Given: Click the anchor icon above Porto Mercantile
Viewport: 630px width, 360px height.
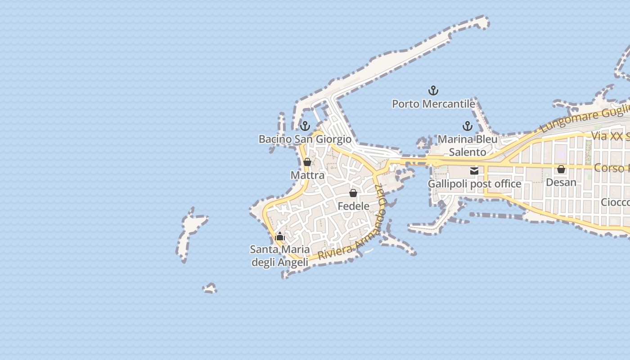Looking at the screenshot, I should (433, 91).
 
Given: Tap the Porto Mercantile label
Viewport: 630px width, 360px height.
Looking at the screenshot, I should (433, 104).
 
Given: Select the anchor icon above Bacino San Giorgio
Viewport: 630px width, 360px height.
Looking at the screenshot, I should (305, 126).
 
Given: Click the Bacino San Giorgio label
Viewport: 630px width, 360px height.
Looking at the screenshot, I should (305, 139).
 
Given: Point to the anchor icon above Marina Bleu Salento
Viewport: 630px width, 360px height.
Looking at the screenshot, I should (468, 126).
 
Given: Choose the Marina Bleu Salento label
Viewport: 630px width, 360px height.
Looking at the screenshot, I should (468, 145).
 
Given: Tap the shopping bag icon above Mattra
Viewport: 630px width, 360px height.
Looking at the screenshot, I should (307, 162).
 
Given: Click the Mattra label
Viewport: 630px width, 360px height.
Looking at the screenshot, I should (307, 175).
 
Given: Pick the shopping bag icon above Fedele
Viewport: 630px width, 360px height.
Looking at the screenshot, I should (353, 193).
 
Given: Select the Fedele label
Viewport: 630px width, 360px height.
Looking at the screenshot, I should (353, 206).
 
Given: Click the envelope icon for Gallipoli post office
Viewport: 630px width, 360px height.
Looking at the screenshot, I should (474, 171).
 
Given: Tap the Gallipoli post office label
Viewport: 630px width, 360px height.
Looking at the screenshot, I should (474, 184).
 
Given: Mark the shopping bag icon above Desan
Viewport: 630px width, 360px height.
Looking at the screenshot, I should (561, 169).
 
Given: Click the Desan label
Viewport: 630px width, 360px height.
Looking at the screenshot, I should (561, 182).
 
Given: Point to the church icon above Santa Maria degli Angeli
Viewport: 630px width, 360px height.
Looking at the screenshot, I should (280, 236).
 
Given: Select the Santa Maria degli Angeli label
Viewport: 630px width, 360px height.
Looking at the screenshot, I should (280, 256).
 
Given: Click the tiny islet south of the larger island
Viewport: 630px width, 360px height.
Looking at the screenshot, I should (210, 288).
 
